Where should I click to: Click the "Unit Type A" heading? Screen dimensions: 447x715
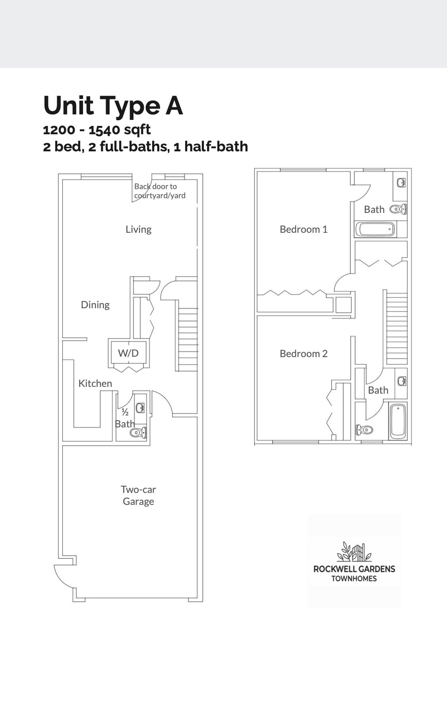113,106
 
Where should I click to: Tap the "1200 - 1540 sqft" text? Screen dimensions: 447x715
97,129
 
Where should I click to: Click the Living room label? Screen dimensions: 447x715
138,229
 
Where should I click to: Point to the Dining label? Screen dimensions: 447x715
95,305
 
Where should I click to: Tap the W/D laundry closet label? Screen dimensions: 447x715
128,353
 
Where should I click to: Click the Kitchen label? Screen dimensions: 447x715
95,383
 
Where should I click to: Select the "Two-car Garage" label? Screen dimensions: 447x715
138,495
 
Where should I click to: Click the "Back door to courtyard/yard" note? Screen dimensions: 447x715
160,191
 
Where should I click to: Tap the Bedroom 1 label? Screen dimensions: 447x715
304,229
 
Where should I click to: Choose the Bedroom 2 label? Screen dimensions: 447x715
304,354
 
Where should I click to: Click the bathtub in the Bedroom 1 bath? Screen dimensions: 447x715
375,230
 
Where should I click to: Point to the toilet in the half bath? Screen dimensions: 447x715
138,433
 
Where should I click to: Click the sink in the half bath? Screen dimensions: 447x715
140,408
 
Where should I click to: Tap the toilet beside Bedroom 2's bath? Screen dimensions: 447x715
364,429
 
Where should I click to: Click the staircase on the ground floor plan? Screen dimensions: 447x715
188,340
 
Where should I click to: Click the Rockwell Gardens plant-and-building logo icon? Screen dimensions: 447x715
354,552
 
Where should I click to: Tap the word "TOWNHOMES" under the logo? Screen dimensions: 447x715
354,579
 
